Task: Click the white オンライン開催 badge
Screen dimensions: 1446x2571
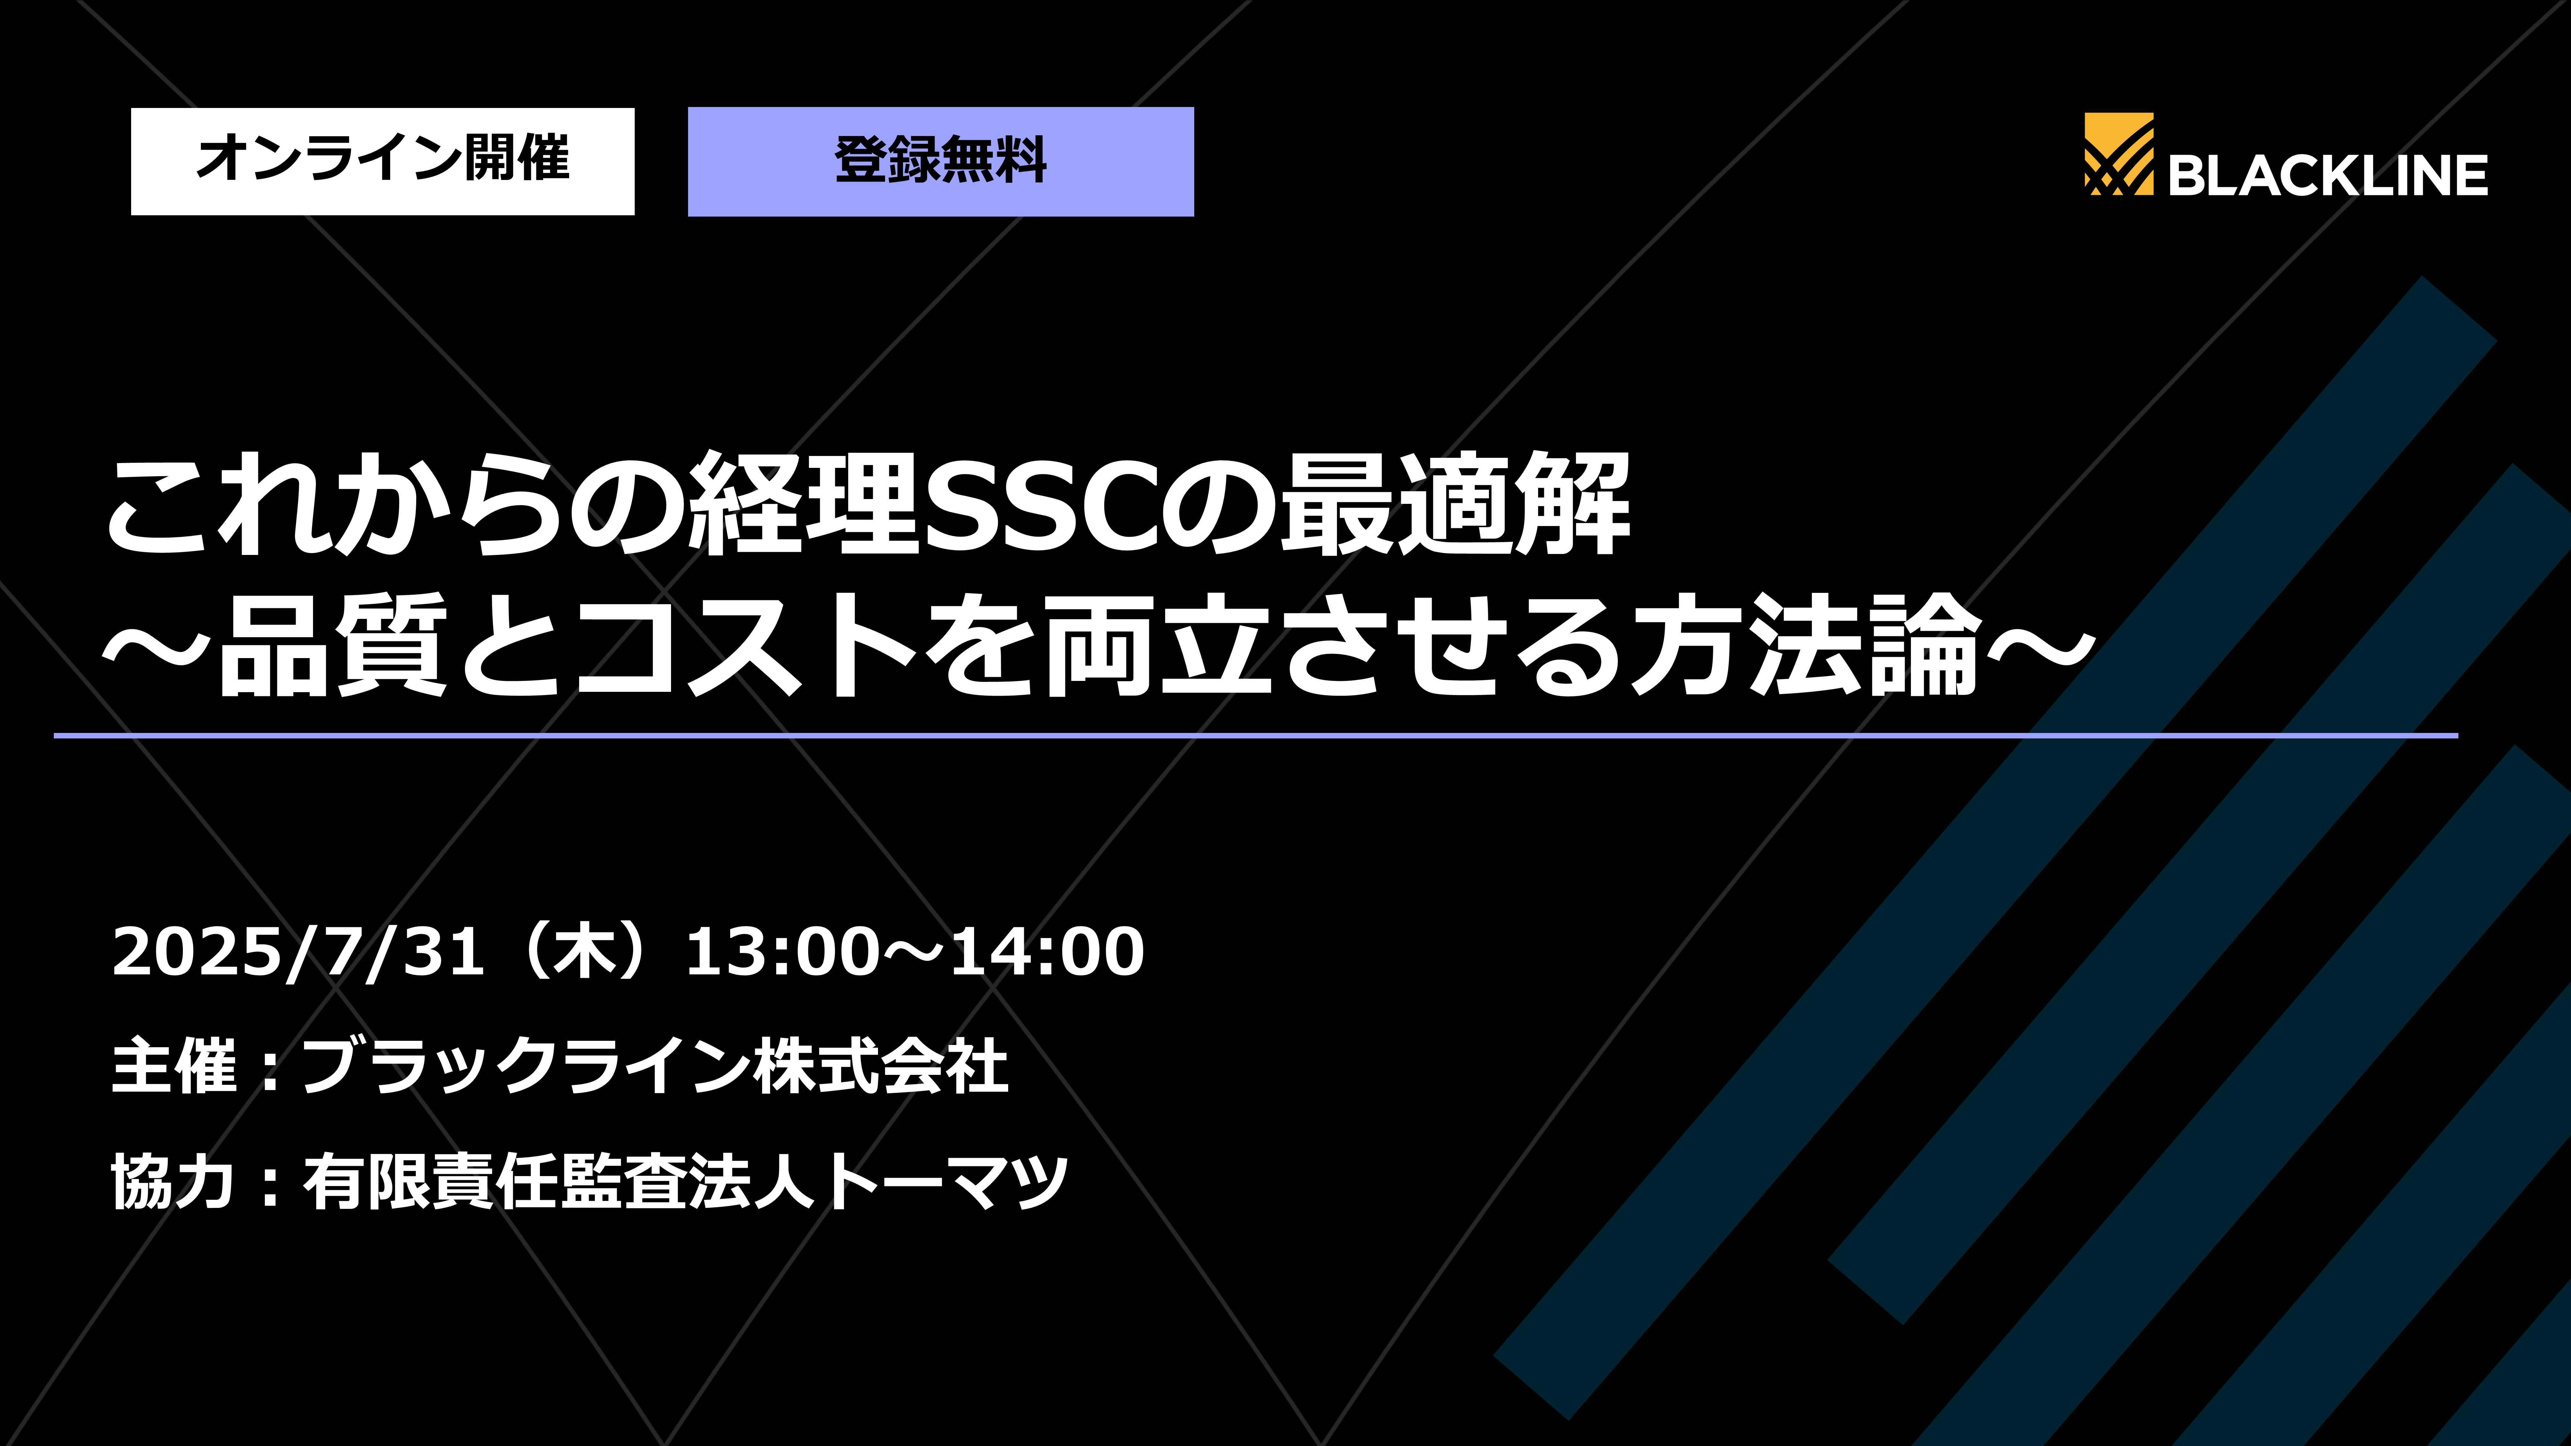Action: click(x=382, y=161)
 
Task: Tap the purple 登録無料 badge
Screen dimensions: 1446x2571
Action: click(x=940, y=161)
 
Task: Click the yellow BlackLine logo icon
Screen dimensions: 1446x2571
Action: click(x=2118, y=155)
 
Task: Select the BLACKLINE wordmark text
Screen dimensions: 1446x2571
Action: click(x=2327, y=176)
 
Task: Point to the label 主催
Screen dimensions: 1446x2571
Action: click(x=175, y=1066)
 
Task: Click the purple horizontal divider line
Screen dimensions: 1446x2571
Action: click(x=1256, y=736)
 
